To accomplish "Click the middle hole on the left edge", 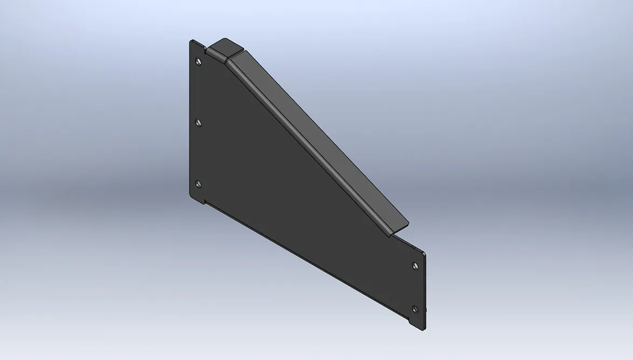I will (199, 123).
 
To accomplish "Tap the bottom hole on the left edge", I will (198, 184).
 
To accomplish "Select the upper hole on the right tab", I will (414, 266).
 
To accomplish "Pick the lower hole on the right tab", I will (414, 309).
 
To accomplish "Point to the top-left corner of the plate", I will (192, 41).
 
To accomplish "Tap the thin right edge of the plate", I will (426, 291).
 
